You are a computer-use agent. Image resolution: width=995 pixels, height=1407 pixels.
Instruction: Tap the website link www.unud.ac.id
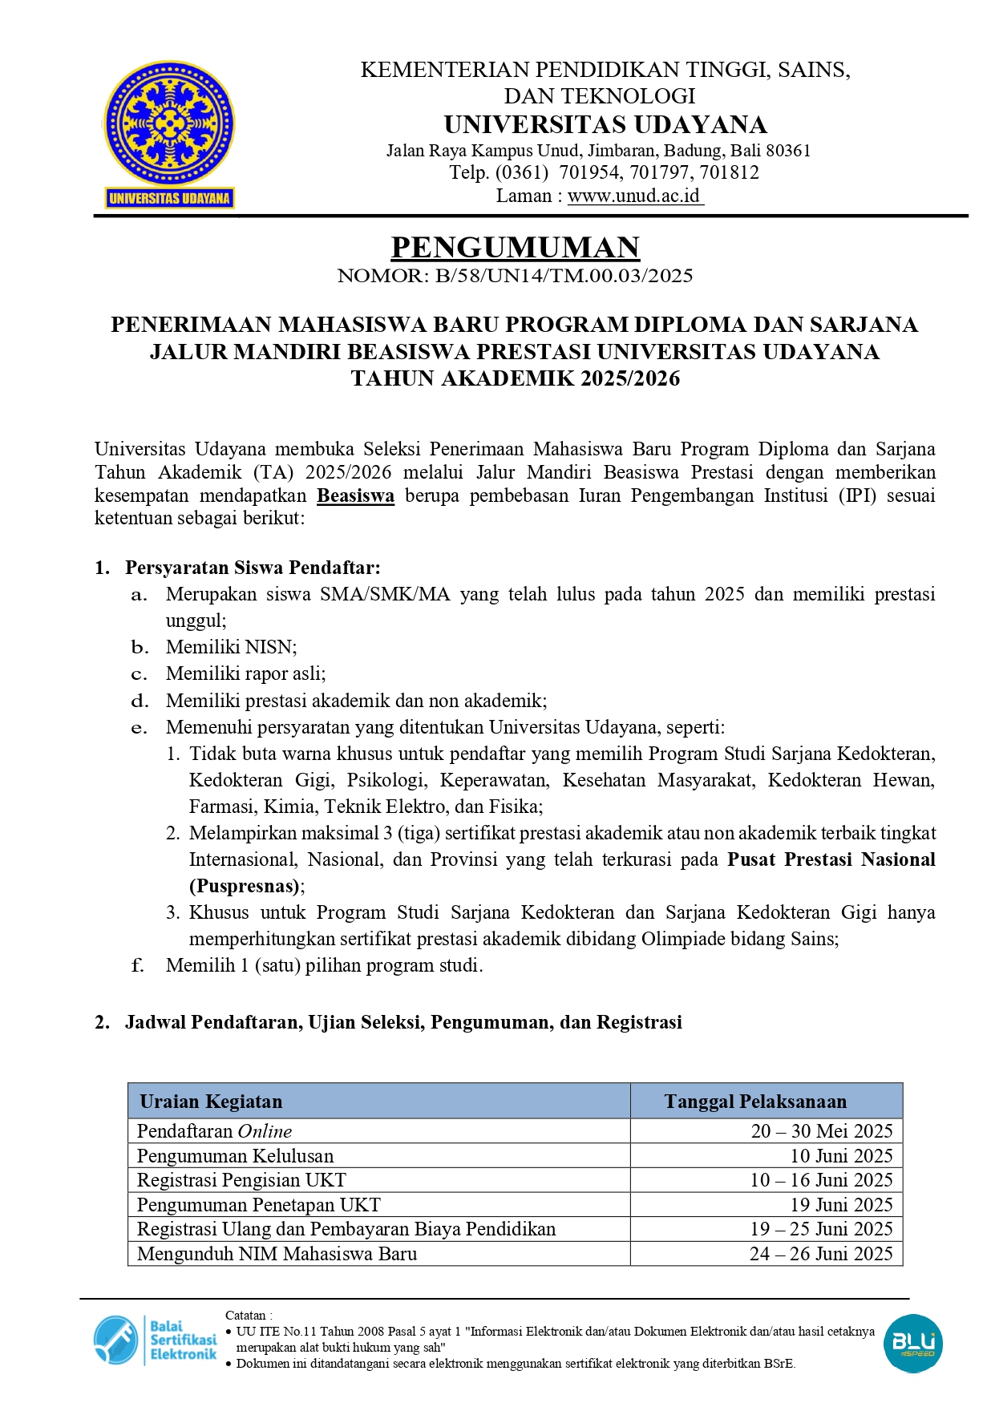click(x=634, y=196)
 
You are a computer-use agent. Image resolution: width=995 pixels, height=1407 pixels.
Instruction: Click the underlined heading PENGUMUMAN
click(x=515, y=248)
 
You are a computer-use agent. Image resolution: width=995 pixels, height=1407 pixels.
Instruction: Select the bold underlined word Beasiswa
click(x=355, y=495)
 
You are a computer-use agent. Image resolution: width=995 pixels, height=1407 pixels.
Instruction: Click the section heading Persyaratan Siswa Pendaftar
click(x=253, y=568)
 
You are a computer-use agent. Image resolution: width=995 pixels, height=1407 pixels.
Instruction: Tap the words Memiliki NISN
click(x=231, y=647)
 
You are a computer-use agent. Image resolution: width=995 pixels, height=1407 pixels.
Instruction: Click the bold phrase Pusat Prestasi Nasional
click(x=831, y=859)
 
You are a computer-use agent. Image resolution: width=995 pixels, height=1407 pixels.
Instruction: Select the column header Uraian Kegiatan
click(x=211, y=1102)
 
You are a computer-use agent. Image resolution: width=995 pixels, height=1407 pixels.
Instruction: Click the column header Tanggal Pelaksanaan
click(x=755, y=1102)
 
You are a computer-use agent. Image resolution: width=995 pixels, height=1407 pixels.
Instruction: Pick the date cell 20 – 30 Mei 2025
click(x=821, y=1131)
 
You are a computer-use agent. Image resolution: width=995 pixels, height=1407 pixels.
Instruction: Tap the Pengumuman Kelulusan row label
click(x=235, y=1156)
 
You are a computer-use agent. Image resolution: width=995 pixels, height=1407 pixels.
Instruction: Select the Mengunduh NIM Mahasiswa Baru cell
click(x=277, y=1254)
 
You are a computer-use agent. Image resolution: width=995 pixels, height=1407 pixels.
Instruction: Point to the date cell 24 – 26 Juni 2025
click(x=821, y=1254)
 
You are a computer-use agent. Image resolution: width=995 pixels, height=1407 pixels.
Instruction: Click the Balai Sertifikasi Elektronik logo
click(x=156, y=1340)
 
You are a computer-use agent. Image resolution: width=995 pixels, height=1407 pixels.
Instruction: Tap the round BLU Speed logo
click(x=912, y=1343)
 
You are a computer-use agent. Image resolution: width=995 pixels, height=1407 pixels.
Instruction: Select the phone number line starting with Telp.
click(x=604, y=172)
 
